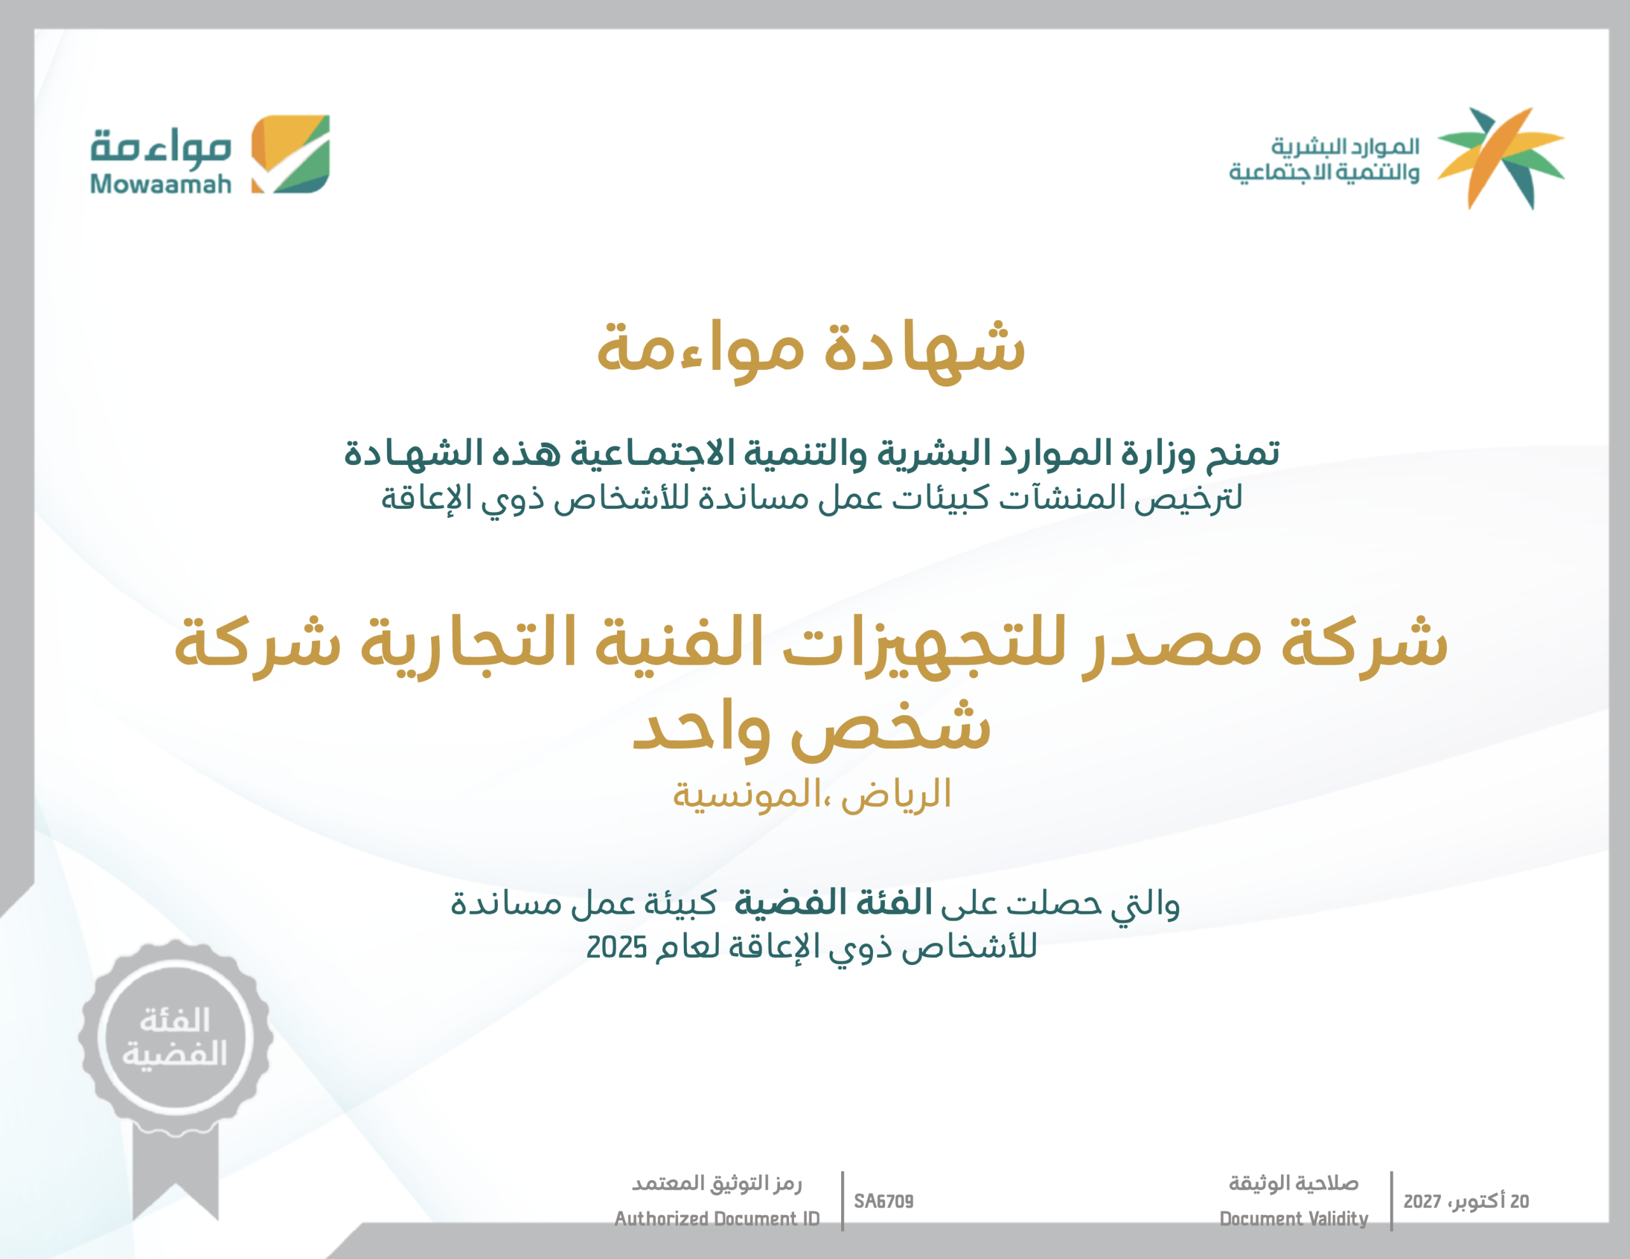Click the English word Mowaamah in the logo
160,183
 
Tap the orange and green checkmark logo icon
290,153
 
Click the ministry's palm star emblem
1501,158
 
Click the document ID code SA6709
884,1201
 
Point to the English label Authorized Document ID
716,1219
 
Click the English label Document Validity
1293,1219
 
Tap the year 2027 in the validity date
1422,1202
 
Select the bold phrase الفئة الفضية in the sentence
833,903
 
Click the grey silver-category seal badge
175,1038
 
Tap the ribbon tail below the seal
175,1172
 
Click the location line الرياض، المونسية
812,794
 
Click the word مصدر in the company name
1172,644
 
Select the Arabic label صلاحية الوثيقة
1293,1183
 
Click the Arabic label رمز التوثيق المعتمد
716,1183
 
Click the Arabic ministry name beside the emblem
1324,159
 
